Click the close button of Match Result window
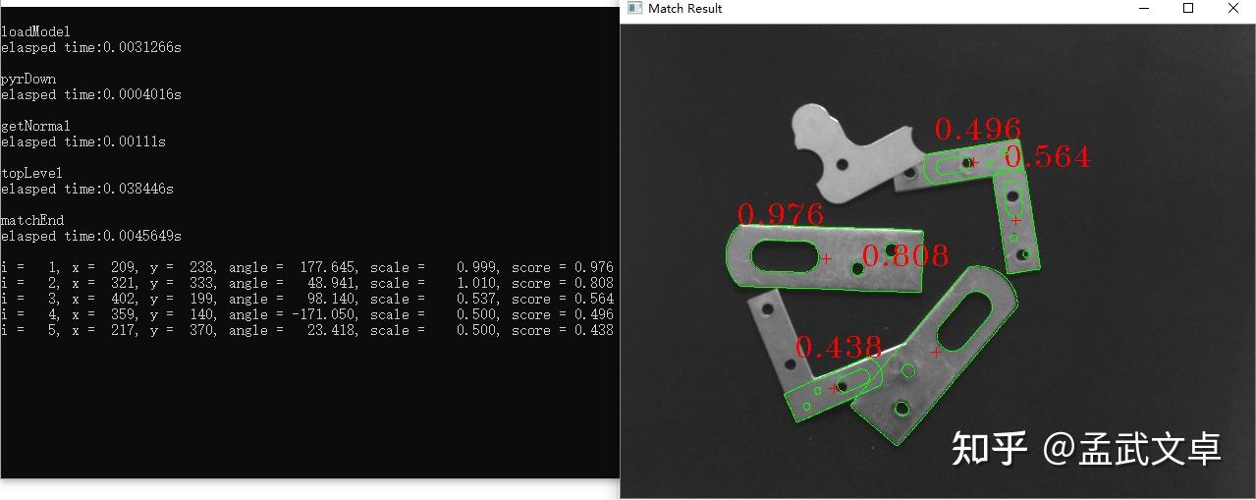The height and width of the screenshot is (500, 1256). [1233, 8]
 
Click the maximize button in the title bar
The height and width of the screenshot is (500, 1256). [1187, 8]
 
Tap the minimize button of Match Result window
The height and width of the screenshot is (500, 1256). [1144, 9]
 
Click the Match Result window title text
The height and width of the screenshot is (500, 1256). [684, 9]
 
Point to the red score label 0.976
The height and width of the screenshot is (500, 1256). [781, 214]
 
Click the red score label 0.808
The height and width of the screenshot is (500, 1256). [905, 255]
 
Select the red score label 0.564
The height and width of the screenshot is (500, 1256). [1048, 156]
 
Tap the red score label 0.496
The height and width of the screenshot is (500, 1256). [978, 129]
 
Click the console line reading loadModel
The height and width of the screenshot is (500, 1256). [35, 31]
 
